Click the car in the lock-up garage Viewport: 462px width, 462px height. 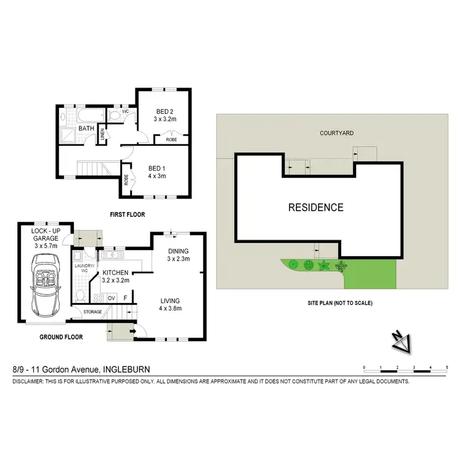coord(46,291)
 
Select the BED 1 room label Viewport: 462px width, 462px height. coord(157,166)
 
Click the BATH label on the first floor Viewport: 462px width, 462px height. coord(86,129)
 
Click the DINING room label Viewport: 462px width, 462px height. coord(178,251)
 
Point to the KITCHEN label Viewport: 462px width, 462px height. coord(115,272)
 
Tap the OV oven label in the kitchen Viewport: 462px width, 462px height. coord(111,298)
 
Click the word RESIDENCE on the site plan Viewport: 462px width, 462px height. coord(316,208)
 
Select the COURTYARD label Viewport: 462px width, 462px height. coord(336,133)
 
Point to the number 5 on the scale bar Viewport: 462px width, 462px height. coord(446,367)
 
